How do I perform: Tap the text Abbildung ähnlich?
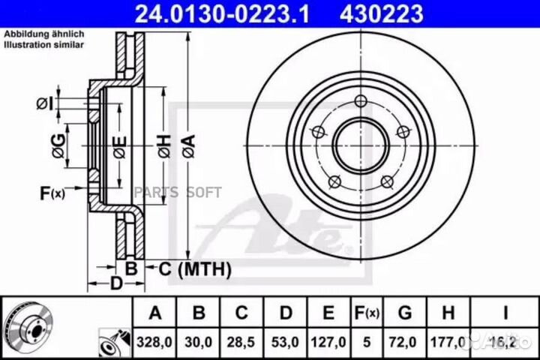click(x=43, y=34)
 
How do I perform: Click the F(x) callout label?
click(x=52, y=194)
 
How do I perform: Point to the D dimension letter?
click(x=116, y=283)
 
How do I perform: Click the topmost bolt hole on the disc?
click(x=361, y=103)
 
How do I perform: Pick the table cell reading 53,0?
click(x=283, y=340)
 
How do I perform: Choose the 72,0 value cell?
click(x=405, y=340)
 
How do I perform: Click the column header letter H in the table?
click(x=447, y=312)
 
